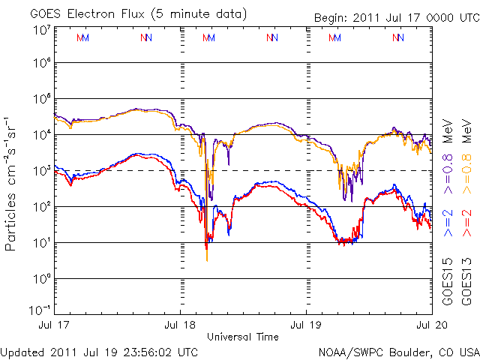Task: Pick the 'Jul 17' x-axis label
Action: (54, 325)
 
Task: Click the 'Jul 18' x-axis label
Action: (180, 325)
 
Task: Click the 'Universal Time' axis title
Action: (243, 337)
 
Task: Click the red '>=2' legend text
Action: (466, 223)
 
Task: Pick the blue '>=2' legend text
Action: (448, 223)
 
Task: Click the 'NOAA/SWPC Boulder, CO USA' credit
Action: (397, 351)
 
